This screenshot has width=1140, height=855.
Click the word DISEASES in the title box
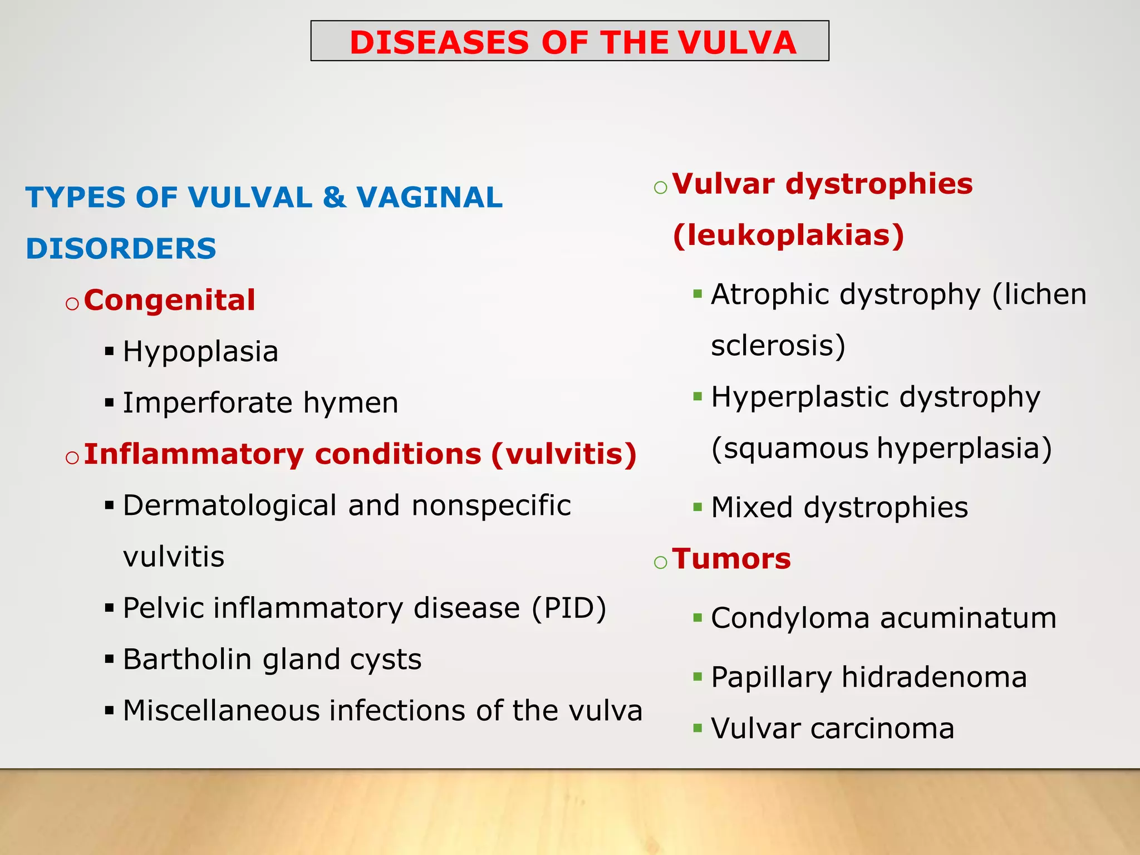coord(439,42)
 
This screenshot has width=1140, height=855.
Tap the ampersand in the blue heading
coord(335,198)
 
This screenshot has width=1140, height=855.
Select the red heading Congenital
coord(170,300)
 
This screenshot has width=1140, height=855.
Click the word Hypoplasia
coord(200,352)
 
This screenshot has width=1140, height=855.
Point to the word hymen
coord(351,402)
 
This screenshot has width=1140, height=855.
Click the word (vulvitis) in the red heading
coord(563,454)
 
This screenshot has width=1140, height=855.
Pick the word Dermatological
coord(229,506)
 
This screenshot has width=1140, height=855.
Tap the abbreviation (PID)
coord(569,608)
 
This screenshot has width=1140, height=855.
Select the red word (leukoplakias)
coord(788,235)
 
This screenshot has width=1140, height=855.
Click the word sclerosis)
coord(778,346)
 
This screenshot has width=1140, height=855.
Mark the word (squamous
coord(790,449)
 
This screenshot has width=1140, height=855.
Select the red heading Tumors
coord(731,559)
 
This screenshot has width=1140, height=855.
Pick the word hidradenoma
coord(934,677)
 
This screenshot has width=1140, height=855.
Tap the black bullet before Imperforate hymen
coord(109,402)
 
